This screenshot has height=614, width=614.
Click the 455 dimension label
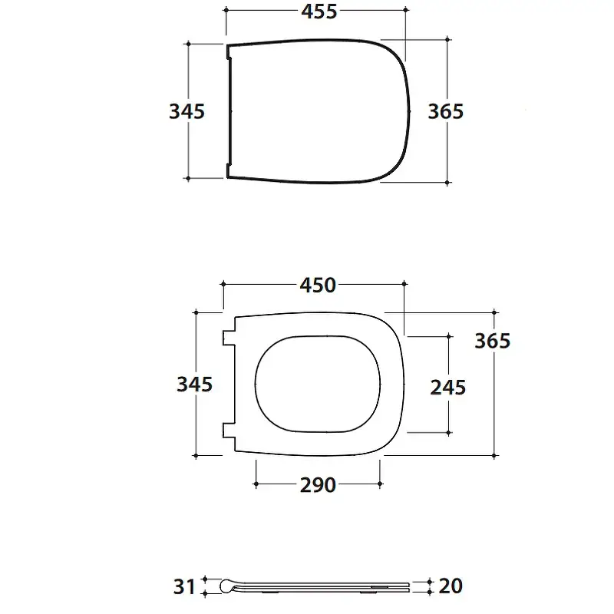pos(319,12)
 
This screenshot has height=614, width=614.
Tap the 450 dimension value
pos(318,285)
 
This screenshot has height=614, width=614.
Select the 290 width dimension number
pos(318,485)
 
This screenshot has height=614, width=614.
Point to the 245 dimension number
pos(448,388)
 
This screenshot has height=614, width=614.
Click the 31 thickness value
pos(184,587)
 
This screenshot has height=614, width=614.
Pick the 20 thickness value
pos(451,586)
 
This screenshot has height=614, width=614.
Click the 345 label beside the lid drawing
pos(187,111)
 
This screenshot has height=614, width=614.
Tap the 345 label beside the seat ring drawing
pos(195,385)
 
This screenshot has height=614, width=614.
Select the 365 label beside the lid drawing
pos(446,111)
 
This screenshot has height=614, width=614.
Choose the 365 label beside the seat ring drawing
pos(492,341)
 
